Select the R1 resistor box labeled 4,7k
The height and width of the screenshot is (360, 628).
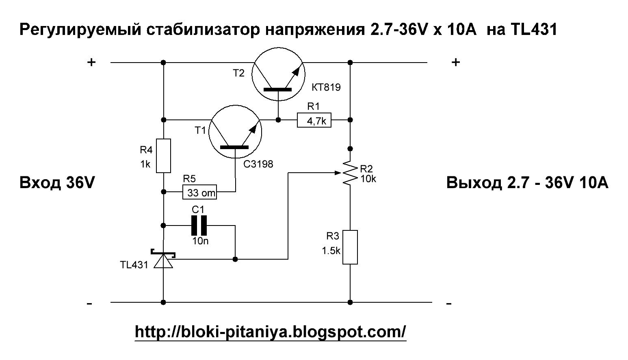point(314,120)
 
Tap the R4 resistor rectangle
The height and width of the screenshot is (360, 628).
point(163,156)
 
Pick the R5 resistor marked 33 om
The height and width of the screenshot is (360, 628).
point(199,192)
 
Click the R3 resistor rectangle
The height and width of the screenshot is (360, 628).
point(350,247)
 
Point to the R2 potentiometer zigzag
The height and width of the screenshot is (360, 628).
point(350,173)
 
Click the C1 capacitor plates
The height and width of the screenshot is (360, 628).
point(199,226)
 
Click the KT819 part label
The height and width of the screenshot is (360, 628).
point(326,87)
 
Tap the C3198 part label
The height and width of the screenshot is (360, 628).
point(258,164)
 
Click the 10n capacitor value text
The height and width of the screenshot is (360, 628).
point(200,241)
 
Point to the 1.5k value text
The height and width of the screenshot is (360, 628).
point(331,251)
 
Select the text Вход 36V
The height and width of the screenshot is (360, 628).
point(57,183)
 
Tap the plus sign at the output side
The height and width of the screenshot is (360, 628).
point(456,62)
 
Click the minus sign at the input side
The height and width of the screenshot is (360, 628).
point(89,304)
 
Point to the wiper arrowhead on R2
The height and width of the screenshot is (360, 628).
point(338,173)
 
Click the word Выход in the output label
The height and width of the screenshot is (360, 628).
point(474,183)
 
